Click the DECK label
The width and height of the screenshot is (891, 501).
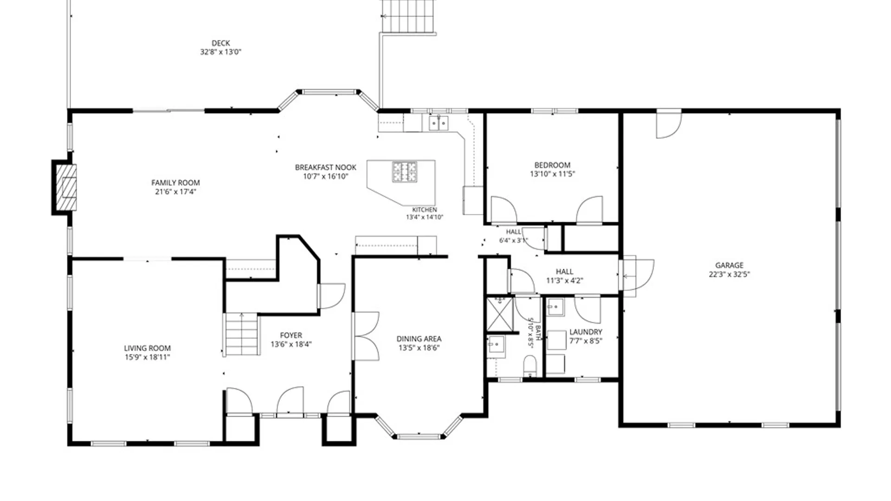tap(221, 43)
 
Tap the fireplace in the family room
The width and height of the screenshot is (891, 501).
tap(65, 187)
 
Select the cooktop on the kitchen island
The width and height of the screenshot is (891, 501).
tap(404, 172)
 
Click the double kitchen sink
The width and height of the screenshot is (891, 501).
tap(439, 123)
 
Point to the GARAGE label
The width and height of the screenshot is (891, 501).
tap(729, 265)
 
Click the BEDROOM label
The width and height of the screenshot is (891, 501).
tap(552, 165)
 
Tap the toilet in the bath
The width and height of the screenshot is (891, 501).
tap(530, 366)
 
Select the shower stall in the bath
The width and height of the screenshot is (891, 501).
tap(500, 314)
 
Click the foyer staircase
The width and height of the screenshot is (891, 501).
tap(241, 334)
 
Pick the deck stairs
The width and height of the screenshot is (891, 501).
tap(408, 17)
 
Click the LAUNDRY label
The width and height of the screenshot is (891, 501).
tap(586, 332)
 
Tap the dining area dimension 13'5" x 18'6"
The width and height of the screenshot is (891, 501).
tap(419, 348)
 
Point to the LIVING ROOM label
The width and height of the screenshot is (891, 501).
tap(147, 348)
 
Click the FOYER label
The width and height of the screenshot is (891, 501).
tap(291, 335)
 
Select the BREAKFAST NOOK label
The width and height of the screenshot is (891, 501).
tap(326, 167)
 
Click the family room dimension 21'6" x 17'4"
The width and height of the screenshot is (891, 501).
tap(175, 192)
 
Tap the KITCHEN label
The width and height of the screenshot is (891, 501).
tap(425, 210)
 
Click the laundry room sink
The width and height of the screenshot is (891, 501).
tap(555, 307)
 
